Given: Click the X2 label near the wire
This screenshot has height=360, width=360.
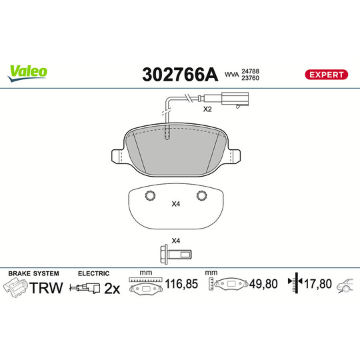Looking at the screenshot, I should pos(207,109).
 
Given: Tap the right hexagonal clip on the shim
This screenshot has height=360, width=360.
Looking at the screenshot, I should pos(201,195).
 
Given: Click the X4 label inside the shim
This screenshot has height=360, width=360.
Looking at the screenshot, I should pos(176,204).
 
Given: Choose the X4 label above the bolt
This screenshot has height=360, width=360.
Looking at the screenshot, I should pos(176,240).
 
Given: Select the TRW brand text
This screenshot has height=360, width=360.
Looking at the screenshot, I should pos(47,288).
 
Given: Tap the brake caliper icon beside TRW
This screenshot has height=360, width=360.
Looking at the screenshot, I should pos(17,288).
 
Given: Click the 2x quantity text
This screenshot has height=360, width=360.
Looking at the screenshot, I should pos(113,288).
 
